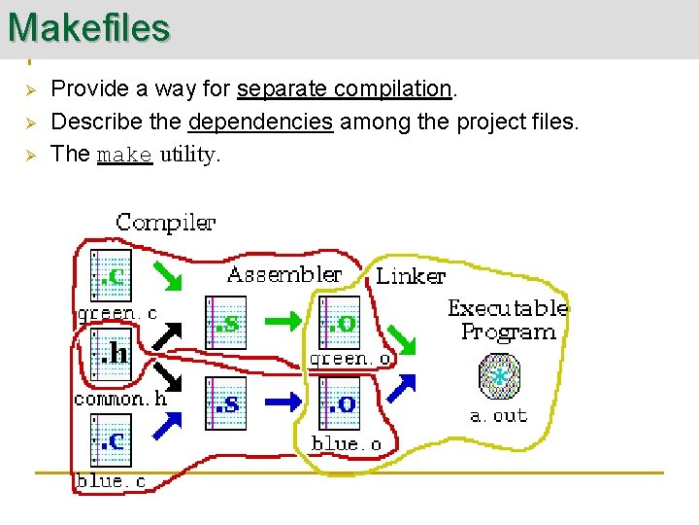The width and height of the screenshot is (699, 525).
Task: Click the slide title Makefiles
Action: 88,27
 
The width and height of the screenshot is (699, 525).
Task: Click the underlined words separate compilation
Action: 345,88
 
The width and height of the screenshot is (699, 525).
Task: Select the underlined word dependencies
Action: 261,122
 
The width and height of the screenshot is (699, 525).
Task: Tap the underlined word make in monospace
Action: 125,156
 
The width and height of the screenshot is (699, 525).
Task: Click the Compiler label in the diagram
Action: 165,223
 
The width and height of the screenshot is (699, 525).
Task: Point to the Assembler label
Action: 284,274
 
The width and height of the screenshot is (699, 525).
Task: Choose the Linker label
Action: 411,276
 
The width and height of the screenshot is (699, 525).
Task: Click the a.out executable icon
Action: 500,375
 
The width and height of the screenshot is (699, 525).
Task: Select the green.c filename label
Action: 116,314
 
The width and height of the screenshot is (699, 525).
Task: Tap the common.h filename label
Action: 120,399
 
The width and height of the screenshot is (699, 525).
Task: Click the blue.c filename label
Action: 111,481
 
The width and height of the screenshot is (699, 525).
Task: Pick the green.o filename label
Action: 350,359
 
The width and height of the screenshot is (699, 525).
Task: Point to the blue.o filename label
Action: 346,444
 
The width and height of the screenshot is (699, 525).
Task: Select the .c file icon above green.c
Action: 110,275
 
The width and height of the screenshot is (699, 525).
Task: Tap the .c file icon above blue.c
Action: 110,439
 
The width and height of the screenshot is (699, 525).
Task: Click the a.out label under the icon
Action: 498,415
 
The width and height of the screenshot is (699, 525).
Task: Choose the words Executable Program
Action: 508,320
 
